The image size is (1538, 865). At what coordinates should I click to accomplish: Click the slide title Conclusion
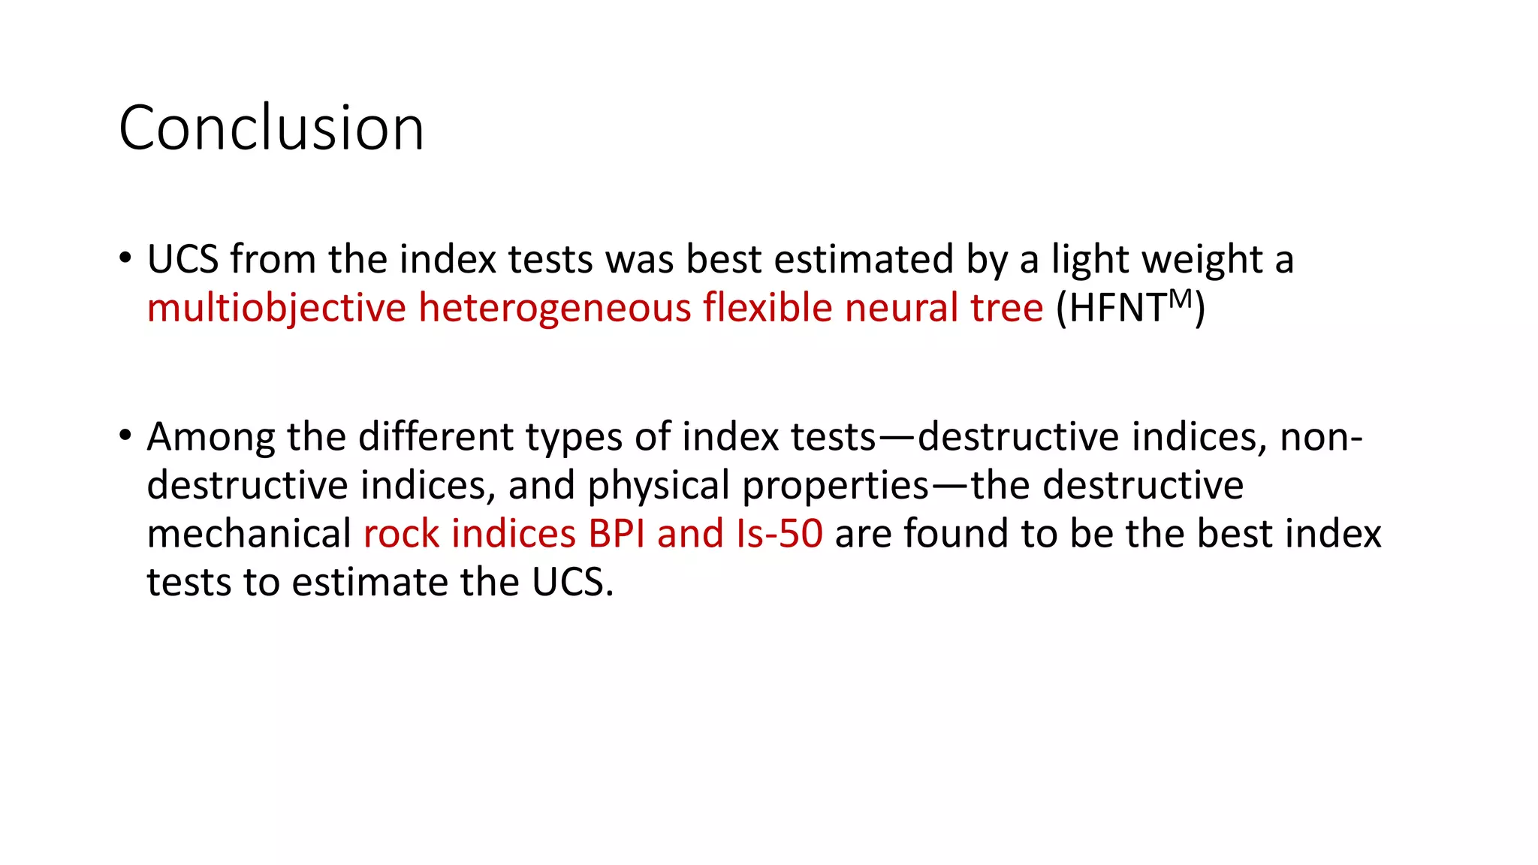pyautogui.click(x=271, y=128)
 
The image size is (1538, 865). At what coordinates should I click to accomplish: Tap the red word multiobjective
pyautogui.click(x=276, y=309)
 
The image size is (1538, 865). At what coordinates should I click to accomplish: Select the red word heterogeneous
pyautogui.click(x=554, y=309)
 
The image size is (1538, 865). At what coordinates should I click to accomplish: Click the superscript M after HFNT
pyautogui.click(x=1180, y=298)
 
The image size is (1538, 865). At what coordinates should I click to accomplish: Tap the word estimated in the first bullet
pyautogui.click(x=864, y=259)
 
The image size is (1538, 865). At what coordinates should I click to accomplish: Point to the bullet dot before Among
pyautogui.click(x=125, y=435)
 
